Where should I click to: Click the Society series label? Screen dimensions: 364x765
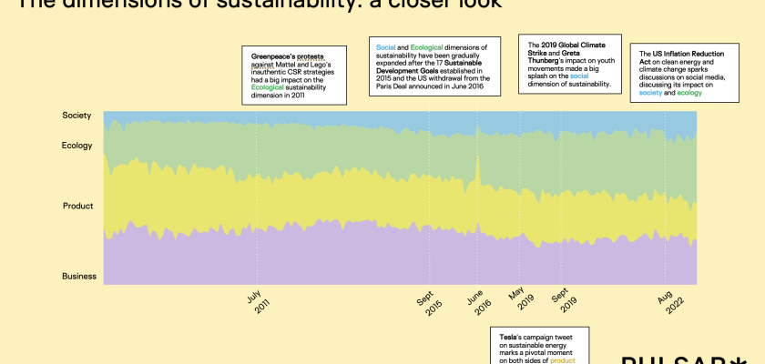click(76, 116)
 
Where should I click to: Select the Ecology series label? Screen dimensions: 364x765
click(76, 146)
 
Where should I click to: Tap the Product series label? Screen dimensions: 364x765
click(77, 206)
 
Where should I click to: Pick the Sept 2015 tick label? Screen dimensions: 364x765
click(429, 303)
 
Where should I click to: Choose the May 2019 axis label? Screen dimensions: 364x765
click(520, 303)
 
